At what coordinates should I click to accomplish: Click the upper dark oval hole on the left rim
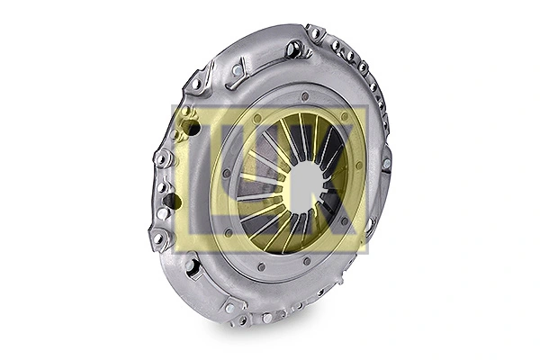192,128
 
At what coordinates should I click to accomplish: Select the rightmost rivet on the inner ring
360,166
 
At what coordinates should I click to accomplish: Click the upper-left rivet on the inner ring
257,118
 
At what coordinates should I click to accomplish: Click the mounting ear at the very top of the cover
316,33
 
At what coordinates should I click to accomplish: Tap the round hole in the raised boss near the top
294,49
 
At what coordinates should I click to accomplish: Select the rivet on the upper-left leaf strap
237,69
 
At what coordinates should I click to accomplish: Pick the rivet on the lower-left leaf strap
192,265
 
